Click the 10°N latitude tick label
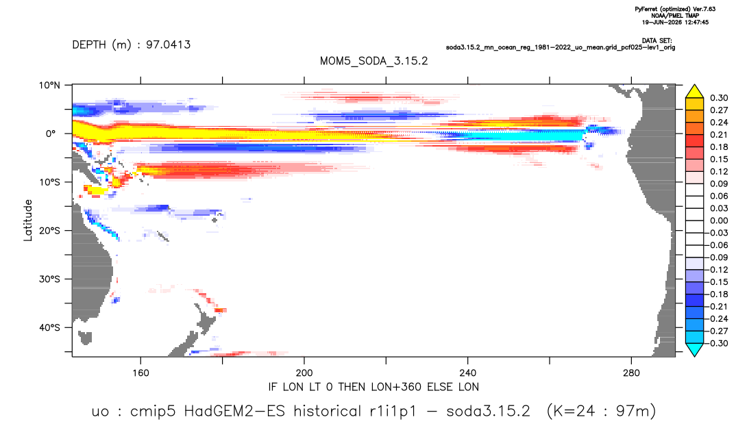(x=49, y=86)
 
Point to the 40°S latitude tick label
(x=49, y=327)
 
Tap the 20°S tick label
(x=49, y=231)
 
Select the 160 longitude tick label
(x=140, y=373)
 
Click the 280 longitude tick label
(x=631, y=373)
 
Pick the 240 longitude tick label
(x=467, y=373)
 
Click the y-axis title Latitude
(x=28, y=220)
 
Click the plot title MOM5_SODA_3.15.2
(x=373, y=61)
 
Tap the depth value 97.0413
(x=168, y=45)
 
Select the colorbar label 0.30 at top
(x=719, y=98)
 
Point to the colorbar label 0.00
(x=719, y=220)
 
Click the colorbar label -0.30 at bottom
(x=717, y=343)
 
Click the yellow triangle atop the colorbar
(x=694, y=92)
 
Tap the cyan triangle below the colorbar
(x=694, y=349)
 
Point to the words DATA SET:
(x=657, y=41)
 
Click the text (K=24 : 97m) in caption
(x=601, y=412)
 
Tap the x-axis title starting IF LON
(x=373, y=387)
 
